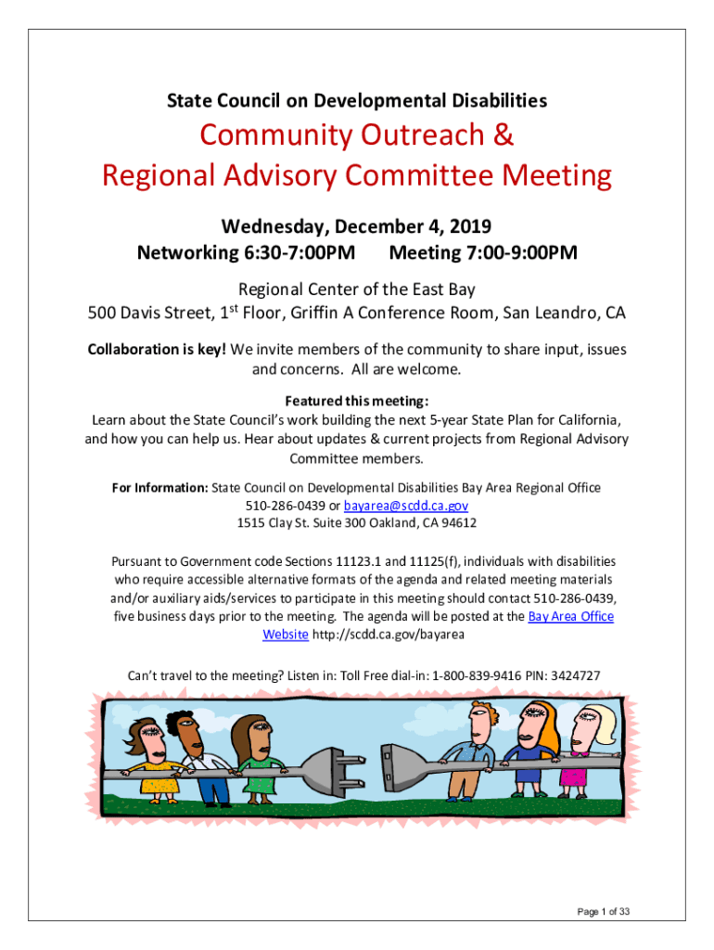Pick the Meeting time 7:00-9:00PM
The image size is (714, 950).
[x=509, y=252]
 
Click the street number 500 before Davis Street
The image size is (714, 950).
[x=103, y=314]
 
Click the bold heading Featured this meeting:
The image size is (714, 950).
[x=357, y=402]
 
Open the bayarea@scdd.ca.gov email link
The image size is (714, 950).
[x=405, y=506]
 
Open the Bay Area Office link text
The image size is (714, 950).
[x=570, y=617]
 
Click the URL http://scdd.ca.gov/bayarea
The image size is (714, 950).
[x=389, y=635]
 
